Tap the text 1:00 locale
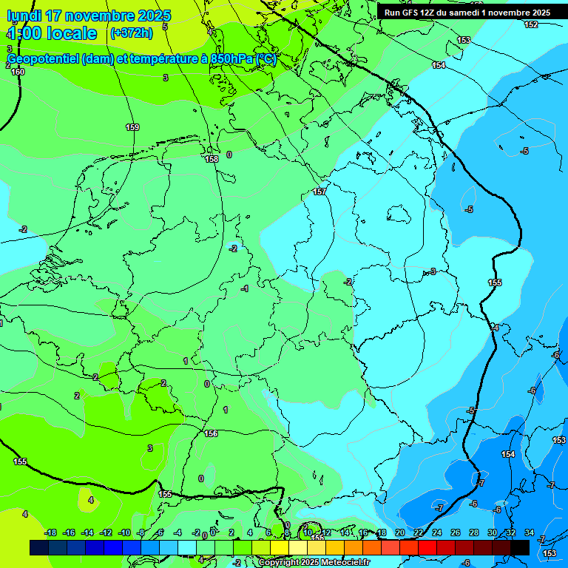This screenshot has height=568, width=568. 52,33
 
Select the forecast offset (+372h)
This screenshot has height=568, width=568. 131,33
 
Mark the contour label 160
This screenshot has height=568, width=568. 18,72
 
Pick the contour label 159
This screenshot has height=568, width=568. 132,127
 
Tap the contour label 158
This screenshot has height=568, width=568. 212,159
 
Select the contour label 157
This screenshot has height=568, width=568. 319,192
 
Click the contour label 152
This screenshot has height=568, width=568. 531,25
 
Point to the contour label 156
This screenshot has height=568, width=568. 211,433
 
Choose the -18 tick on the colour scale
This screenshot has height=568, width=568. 51,532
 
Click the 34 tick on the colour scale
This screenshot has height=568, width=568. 530,532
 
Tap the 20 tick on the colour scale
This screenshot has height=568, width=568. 399,532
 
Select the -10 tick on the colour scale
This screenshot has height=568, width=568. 124,532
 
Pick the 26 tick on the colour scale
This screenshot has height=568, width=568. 455,532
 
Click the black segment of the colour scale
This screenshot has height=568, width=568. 520,547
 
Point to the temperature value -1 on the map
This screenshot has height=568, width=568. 245,288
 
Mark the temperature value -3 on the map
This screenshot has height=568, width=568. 433,271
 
